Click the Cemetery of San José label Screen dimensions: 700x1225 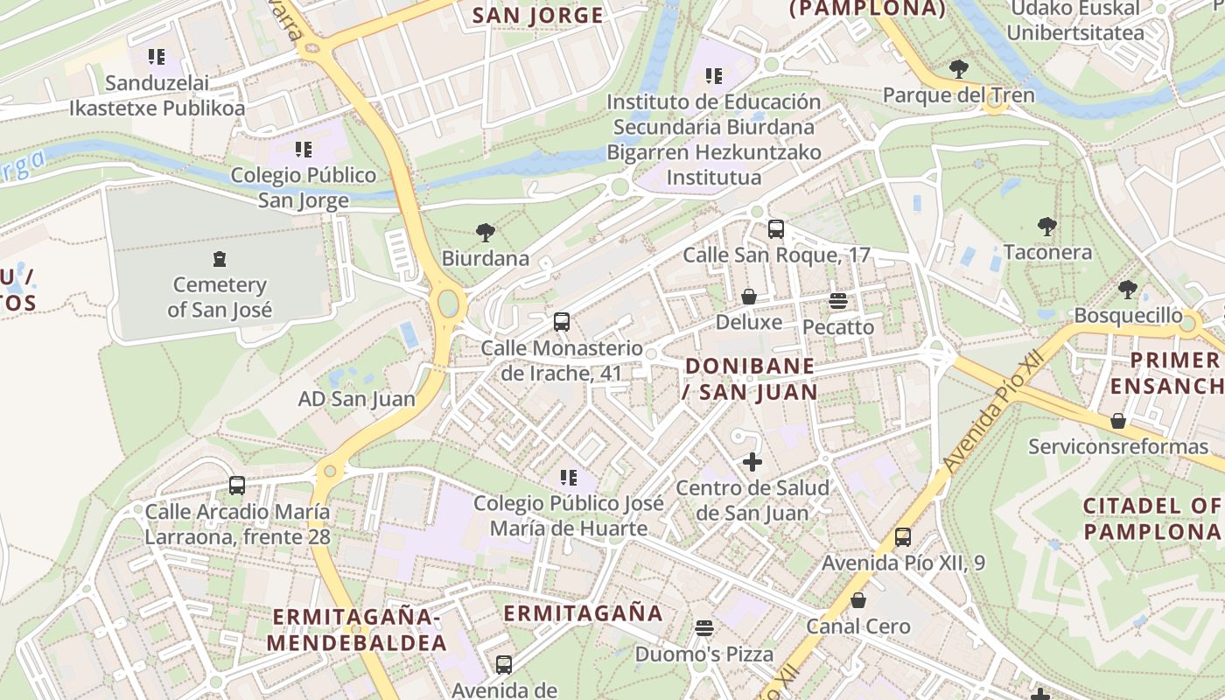coord(220,297)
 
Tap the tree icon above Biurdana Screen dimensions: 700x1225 coord(486,233)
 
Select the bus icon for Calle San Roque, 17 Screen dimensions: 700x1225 coord(775,229)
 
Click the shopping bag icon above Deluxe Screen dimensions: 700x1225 coord(749,297)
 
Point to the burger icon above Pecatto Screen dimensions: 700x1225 coord(838,301)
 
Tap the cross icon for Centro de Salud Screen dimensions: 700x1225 coord(752,461)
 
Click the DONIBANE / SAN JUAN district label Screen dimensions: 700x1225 coord(750,378)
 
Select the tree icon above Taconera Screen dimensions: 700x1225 coord(1046,227)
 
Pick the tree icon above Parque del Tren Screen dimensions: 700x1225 coord(958,69)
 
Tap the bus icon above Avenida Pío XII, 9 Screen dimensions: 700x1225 coord(903,537)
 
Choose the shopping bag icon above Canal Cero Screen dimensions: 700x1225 coord(858,600)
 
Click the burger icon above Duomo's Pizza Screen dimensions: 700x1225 coord(704,627)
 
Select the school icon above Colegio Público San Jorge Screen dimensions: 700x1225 coord(304,149)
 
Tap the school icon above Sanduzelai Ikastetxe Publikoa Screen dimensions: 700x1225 coord(157,58)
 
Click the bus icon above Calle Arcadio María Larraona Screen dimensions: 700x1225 coord(237,485)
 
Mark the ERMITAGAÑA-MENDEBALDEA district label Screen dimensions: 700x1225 coord(357,629)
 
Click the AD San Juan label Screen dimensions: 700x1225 coord(357,399)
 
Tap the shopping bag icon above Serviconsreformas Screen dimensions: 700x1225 coord(1117,421)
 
